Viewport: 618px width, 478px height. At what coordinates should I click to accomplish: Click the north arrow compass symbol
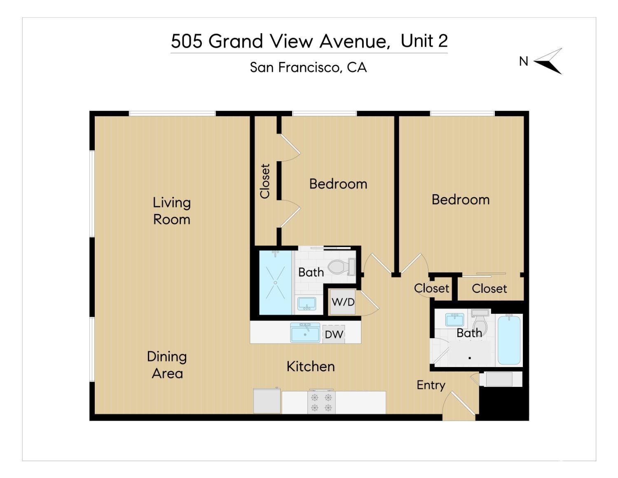[x=549, y=61]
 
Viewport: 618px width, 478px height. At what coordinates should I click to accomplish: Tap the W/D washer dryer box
[x=343, y=302]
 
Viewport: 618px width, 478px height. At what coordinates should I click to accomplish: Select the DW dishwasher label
[x=334, y=334]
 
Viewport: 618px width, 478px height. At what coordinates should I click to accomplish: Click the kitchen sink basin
[x=305, y=332]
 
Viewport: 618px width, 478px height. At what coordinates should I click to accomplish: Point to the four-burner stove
[x=321, y=403]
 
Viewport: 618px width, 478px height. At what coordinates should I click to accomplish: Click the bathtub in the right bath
[x=509, y=340]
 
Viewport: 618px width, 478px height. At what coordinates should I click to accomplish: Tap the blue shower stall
[x=275, y=283]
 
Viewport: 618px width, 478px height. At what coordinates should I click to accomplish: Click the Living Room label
[x=172, y=211]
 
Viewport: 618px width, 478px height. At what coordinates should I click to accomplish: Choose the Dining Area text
[x=167, y=365]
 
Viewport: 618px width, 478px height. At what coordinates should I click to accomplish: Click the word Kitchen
[x=311, y=366]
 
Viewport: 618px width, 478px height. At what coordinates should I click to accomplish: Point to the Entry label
[x=431, y=385]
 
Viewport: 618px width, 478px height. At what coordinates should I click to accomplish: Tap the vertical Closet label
[x=265, y=181]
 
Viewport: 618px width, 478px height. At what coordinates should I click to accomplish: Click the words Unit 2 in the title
[x=424, y=41]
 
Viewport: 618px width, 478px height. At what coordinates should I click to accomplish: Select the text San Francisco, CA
[x=308, y=67]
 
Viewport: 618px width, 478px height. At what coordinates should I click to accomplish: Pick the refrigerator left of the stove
[x=267, y=401]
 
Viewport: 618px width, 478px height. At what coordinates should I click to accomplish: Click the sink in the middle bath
[x=307, y=304]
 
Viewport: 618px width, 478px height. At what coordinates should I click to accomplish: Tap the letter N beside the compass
[x=523, y=61]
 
